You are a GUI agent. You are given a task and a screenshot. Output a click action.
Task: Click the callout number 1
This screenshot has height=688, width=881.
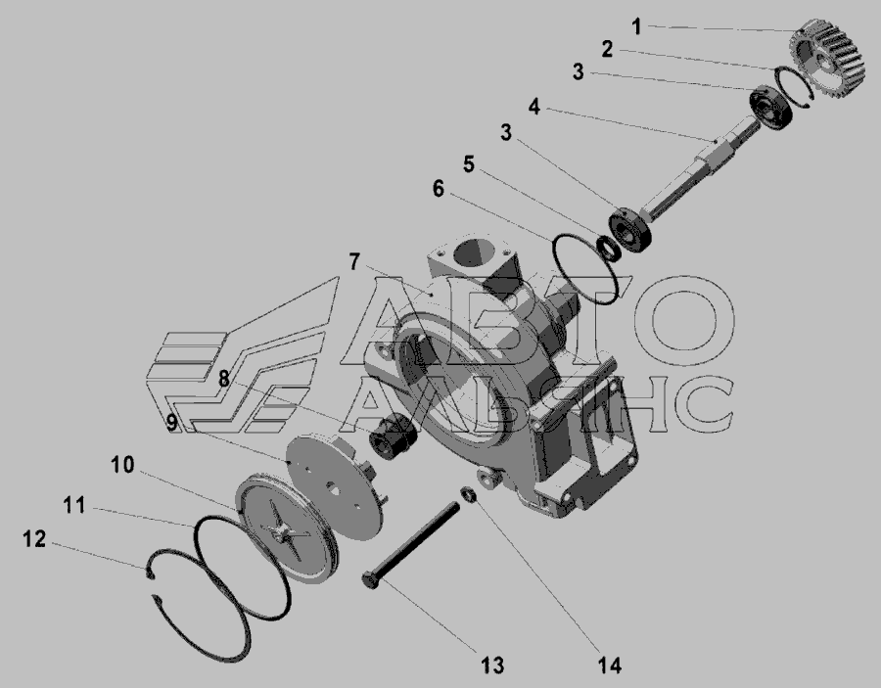pos(636,26)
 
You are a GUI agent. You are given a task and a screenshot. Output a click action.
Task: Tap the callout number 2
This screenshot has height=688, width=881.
pos(607,50)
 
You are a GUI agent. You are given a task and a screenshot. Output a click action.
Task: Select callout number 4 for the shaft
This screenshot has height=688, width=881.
pos(534,106)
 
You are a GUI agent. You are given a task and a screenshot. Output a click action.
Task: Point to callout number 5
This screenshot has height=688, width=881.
pos(469,164)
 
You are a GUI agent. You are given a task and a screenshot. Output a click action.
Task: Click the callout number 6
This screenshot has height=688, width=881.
pos(439,189)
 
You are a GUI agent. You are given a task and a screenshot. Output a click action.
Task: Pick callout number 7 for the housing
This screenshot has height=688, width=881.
pos(354,261)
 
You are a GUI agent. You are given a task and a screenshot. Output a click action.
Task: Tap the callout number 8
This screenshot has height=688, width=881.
pos(223,379)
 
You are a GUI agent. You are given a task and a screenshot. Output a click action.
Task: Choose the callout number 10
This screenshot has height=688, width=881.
pos(122,465)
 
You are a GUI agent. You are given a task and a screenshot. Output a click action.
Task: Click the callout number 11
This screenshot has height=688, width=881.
pos(74,505)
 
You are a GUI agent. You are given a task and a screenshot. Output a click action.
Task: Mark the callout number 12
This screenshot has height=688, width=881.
pos(34,538)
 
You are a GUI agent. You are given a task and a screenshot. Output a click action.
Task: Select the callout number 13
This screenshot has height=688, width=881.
pos(492,665)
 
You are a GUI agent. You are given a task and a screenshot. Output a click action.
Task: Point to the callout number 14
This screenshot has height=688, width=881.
pos(610,665)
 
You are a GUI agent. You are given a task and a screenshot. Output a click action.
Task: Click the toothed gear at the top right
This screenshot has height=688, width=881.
pos(826,59)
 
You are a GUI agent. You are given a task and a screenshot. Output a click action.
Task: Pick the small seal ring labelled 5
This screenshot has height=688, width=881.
pos(610,249)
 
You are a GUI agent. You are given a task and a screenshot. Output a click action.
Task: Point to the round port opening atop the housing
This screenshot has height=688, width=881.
pos(477,256)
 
